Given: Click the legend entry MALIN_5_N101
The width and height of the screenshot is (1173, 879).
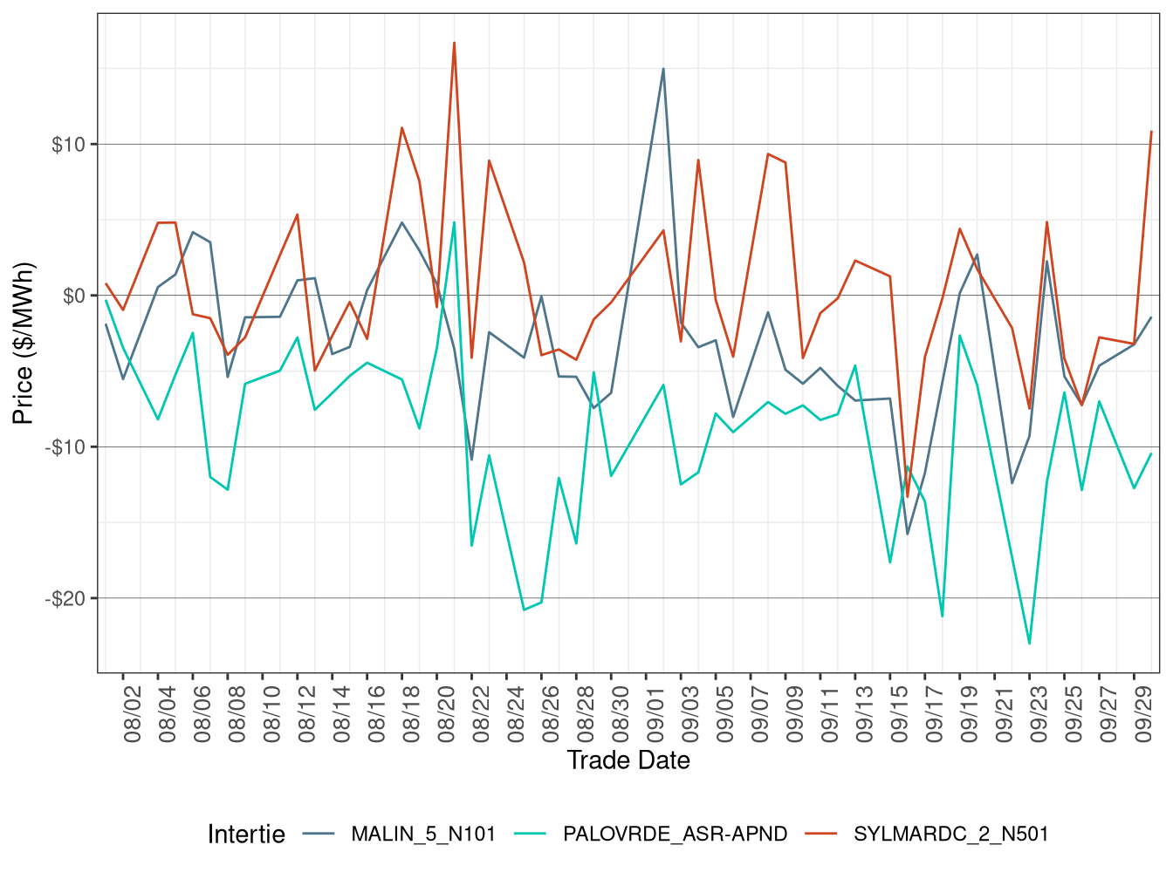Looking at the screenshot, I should (x=422, y=834).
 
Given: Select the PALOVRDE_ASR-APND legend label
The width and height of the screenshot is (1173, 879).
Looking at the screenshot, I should (x=675, y=834).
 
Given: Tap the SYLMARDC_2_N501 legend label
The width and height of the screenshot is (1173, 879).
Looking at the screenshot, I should (x=950, y=834).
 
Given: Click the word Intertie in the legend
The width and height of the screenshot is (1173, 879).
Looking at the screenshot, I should (x=246, y=835).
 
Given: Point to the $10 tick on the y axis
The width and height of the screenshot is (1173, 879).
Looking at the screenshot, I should (x=68, y=145).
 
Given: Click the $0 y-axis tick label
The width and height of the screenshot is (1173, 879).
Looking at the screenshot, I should (x=73, y=296).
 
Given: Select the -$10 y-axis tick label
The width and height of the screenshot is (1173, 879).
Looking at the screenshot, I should (x=65, y=447).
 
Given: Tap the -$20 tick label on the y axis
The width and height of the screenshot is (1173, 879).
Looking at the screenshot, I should (x=65, y=599).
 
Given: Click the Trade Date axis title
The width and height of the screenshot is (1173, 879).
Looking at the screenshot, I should (x=628, y=760).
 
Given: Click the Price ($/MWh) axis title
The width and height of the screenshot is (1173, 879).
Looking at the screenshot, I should (x=24, y=343).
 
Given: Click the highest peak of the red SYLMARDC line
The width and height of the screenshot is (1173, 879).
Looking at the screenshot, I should (x=454, y=43).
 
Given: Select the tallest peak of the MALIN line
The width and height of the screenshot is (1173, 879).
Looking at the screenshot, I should (x=663, y=69).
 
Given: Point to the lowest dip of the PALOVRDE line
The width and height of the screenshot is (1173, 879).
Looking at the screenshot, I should (x=1030, y=644).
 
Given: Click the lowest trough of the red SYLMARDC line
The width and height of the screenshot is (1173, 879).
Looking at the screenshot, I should (x=908, y=497).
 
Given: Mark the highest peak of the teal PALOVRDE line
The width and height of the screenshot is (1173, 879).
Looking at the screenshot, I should (x=454, y=221).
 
